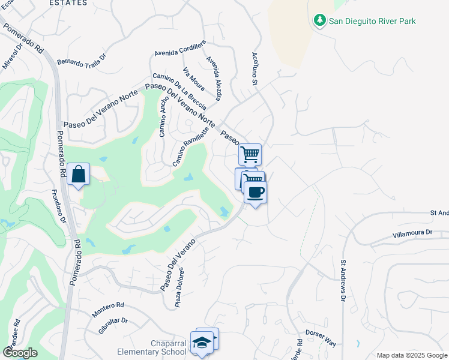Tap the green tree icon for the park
click(x=320, y=21)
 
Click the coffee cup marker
click(x=256, y=193)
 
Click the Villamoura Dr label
click(x=412, y=233)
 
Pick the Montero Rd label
click(x=108, y=310)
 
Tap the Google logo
click(x=20, y=353)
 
